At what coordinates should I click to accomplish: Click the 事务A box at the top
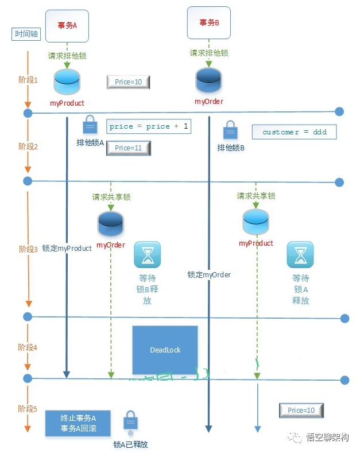pos(67,25)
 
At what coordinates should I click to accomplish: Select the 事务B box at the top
pos(209,23)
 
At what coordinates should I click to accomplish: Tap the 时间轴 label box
pos(26,34)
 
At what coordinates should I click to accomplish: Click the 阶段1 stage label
pos(28,80)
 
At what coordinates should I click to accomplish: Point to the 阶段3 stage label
pos(28,249)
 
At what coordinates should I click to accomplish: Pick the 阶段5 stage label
pos(28,409)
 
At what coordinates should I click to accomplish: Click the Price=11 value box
pos(128,148)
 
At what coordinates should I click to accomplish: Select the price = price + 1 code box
pos(149,126)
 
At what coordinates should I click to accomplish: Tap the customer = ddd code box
pos(294,132)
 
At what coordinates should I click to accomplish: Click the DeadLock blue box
pos(165,350)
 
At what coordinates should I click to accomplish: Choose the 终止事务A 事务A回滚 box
pos(78,423)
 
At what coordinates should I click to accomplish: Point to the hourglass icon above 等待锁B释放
pos(147,255)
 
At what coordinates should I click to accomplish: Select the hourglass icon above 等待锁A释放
pos(300,255)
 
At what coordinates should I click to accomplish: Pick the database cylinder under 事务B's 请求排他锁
pos(208,82)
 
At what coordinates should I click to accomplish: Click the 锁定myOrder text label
pos(209,275)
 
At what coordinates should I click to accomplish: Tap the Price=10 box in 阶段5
pos(301,411)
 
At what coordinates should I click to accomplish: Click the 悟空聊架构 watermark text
pos(328,438)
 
